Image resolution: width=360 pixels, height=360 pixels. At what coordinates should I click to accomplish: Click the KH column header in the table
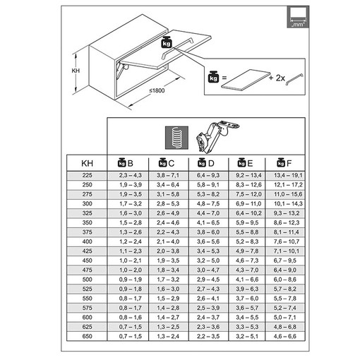coord(87,163)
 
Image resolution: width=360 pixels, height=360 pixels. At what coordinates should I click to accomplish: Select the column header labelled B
coord(126,163)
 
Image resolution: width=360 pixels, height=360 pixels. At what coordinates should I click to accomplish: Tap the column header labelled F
coord(284,163)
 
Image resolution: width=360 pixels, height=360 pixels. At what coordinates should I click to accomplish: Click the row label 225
coord(87,175)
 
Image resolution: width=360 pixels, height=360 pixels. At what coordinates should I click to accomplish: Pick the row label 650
coord(87,336)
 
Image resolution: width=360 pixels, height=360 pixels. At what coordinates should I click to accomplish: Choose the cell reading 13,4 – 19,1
coord(288,175)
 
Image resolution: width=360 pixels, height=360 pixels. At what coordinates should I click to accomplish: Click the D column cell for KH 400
coord(208,241)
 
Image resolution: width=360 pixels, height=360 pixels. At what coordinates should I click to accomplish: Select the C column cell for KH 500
coord(168,280)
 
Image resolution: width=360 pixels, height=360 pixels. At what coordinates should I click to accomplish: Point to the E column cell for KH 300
coord(248,204)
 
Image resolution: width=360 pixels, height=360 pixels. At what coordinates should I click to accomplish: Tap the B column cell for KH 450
coord(131,260)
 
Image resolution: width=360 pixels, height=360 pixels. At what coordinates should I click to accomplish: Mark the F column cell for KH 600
coord(284,318)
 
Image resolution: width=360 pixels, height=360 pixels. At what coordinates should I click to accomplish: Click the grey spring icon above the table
coord(176,138)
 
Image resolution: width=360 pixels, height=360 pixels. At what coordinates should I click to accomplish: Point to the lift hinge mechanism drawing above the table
coord(216,137)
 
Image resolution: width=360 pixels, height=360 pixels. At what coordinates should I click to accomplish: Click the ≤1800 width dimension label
coord(157,90)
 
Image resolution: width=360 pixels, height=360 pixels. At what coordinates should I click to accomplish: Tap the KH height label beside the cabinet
coord(76,71)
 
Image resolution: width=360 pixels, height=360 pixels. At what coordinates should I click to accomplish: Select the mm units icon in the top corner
coord(298,17)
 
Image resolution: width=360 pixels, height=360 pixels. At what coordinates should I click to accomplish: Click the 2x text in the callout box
coord(280,78)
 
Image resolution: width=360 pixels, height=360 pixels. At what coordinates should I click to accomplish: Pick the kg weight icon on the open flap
coord(167,42)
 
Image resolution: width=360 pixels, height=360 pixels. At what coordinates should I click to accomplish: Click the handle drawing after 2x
coord(294,80)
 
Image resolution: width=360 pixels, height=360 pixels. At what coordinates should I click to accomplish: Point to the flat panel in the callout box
coord(246,79)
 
